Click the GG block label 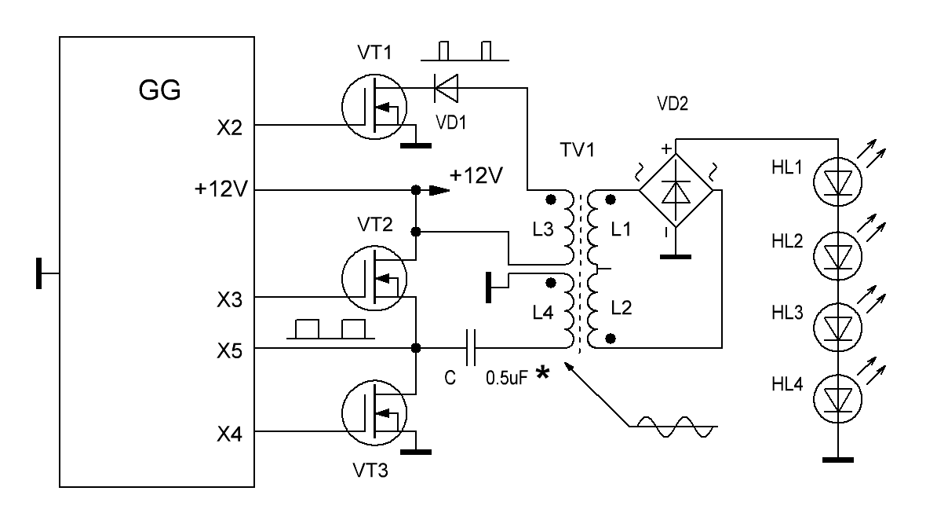(x=159, y=90)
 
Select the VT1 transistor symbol (x=374, y=107)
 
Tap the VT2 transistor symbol (x=374, y=278)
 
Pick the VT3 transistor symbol (x=374, y=412)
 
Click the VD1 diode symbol (x=446, y=88)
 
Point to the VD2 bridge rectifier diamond (x=676, y=190)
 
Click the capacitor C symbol (x=471, y=348)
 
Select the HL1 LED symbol (x=837, y=182)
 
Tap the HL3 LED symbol (x=837, y=326)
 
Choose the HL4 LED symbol (x=837, y=398)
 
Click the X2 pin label (x=229, y=128)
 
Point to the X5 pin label (x=229, y=351)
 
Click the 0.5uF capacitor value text (x=506, y=378)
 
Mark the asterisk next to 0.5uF (x=542, y=373)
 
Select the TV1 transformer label (x=577, y=150)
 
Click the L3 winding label (x=543, y=229)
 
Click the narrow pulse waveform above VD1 (x=465, y=51)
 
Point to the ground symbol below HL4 (x=837, y=459)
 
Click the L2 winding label (x=622, y=307)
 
